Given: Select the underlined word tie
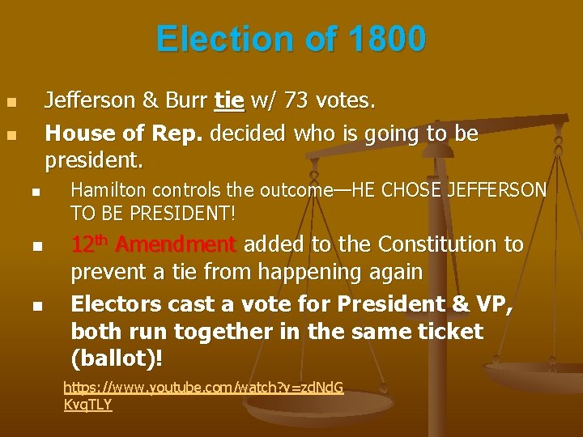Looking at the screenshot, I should pos(229,100).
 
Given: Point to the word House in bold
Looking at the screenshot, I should pos(75,132).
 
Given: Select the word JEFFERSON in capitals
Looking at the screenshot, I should pos(498,190).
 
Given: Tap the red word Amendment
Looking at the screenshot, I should pos(176,244).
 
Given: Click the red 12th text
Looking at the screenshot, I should pos(91,243).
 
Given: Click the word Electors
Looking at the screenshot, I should pos(115,304).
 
